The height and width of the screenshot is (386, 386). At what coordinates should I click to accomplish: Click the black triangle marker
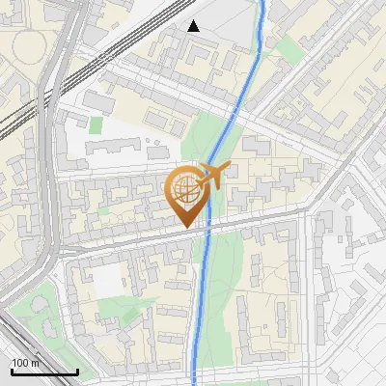194,26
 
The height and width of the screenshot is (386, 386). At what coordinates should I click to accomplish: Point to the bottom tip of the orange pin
186,227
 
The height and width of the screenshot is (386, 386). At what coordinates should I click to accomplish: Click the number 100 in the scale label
20,363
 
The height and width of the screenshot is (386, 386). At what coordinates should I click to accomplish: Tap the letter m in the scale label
35,363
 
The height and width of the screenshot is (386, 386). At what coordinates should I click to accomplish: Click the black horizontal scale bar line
43,372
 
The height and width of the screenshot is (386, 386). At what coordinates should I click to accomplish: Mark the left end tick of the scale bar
11,370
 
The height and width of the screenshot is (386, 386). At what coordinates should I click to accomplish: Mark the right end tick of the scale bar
77,370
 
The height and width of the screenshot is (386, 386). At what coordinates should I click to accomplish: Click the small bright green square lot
96,124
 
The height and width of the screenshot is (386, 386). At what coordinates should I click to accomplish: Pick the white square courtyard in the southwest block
107,281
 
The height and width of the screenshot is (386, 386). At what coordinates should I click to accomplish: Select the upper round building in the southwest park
39,304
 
